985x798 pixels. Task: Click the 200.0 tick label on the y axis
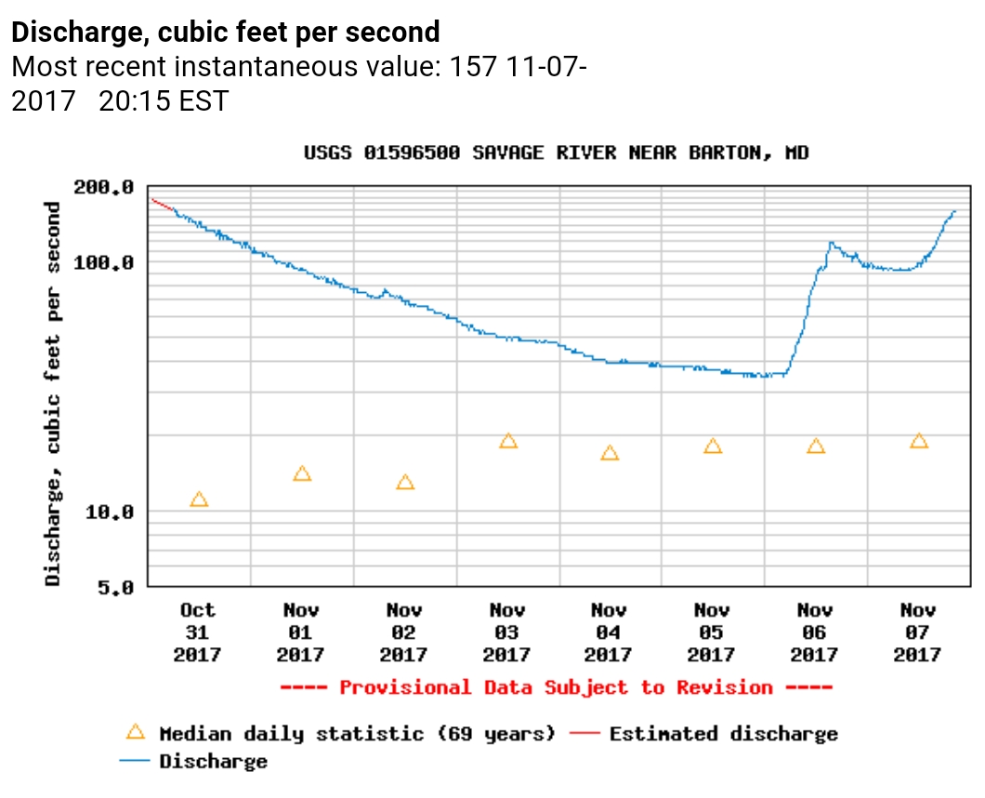110,187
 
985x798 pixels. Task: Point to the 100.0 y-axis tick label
110,262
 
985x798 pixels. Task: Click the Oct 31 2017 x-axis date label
197,632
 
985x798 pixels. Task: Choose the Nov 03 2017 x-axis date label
506,632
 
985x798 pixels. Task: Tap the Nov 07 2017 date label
917,632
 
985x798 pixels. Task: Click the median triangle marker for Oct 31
199,499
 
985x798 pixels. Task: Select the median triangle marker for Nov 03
507,441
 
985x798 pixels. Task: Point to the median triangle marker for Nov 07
919,441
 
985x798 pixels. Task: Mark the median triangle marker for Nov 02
405,483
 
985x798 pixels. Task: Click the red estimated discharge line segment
162,205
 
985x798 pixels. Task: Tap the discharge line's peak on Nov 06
831,244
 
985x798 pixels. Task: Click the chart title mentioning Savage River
556,153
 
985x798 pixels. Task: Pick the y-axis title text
53,393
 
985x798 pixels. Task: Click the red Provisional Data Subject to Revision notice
556,687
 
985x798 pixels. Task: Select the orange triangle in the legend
136,732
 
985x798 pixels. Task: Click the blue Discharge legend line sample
136,761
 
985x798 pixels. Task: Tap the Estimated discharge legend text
723,734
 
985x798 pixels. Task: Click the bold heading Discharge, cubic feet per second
226,33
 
